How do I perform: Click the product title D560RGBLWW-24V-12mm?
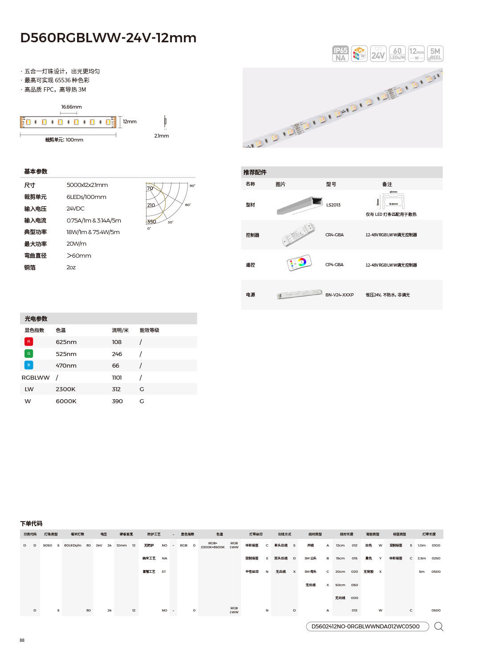click(x=108, y=38)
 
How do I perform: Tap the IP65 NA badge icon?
click(x=340, y=54)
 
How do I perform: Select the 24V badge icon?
click(x=378, y=54)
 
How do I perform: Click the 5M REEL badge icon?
click(x=435, y=54)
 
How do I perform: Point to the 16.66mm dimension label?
click(x=71, y=107)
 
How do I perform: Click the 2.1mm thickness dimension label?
click(x=161, y=136)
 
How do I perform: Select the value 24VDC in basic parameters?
click(x=75, y=209)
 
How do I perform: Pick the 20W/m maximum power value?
click(x=76, y=244)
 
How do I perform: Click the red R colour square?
click(x=29, y=342)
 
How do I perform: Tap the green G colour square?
click(x=29, y=354)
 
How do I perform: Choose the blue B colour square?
click(x=29, y=365)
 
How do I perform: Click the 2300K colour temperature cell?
click(x=65, y=389)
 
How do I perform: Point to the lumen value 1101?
click(x=117, y=378)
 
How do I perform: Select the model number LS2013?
click(x=333, y=205)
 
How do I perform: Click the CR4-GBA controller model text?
click(x=334, y=235)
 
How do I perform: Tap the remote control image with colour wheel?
click(x=299, y=263)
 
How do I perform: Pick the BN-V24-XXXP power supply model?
click(x=339, y=295)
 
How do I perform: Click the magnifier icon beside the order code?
click(x=438, y=627)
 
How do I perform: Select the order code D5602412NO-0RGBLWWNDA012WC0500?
click(x=365, y=627)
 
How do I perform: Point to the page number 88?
click(x=22, y=640)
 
